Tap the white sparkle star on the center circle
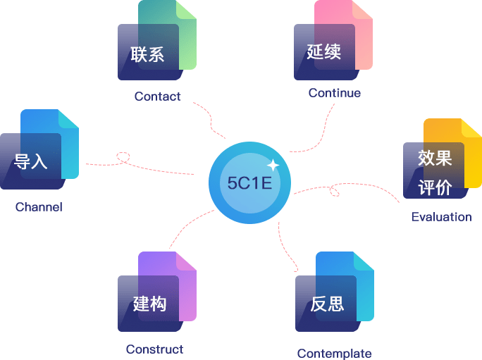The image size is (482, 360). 273,166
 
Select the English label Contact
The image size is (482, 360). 157,97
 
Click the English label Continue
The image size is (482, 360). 334,93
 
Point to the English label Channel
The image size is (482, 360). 39,207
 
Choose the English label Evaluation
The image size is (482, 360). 441,216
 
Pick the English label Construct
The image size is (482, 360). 154,349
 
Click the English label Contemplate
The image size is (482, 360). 334,354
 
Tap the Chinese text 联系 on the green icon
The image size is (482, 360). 147,54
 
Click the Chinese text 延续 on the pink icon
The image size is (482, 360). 324,51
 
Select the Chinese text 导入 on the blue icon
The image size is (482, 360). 30,161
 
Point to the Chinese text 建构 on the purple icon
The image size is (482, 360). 149,304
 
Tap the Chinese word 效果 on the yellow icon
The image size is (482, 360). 434,158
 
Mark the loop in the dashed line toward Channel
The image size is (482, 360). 125,157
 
